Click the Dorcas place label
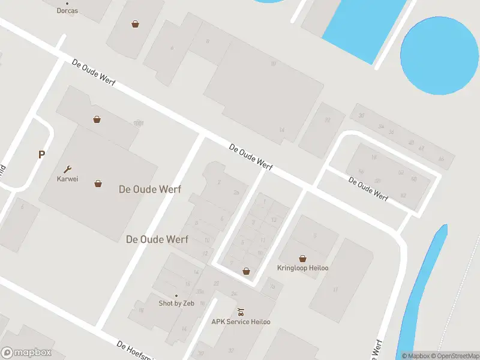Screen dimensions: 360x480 click(x=67, y=11)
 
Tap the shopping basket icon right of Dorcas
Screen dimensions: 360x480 click(x=135, y=24)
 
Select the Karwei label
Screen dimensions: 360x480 click(x=67, y=179)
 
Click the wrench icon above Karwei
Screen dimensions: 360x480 click(x=67, y=169)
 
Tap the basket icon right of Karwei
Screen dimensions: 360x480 click(x=98, y=184)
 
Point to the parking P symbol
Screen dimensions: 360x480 click(x=41, y=155)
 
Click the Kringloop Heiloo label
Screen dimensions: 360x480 click(x=302, y=268)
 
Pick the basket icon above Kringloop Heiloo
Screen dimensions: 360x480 click(x=302, y=258)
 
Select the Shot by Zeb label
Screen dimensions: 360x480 click(x=176, y=303)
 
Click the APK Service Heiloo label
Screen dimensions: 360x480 click(x=241, y=322)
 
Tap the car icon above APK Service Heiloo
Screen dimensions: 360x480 click(x=241, y=312)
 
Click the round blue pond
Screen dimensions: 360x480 click(x=440, y=55)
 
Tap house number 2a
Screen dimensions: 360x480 click(x=236, y=192)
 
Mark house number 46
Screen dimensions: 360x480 click(x=441, y=159)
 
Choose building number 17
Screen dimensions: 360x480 click(x=335, y=290)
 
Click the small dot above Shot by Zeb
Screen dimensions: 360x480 click(x=176, y=295)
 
